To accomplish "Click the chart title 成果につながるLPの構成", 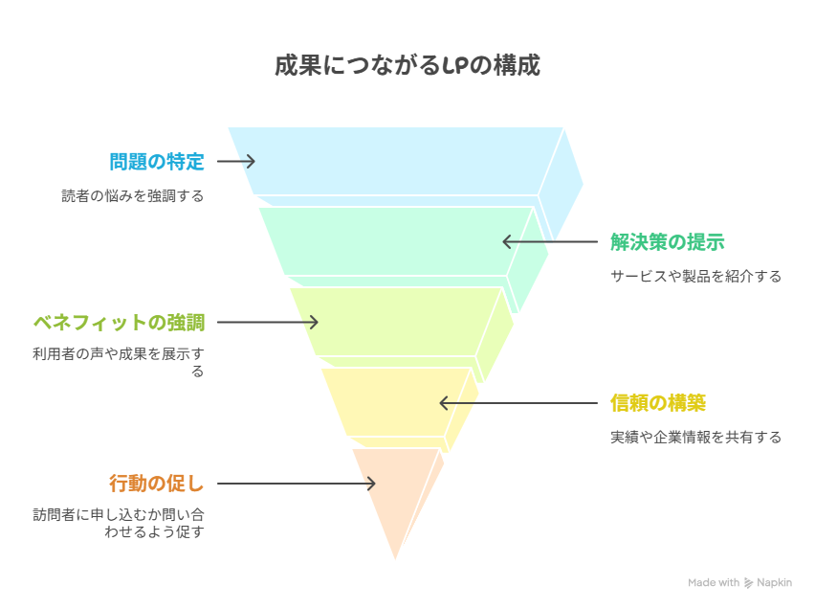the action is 407,65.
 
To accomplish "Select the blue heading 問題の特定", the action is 157,162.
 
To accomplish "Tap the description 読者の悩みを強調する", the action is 133,196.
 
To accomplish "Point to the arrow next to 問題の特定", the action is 236,162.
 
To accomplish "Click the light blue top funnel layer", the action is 395,162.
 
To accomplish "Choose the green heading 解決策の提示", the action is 668,242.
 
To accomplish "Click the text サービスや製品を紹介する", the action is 696,276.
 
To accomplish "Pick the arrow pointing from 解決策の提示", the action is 550,241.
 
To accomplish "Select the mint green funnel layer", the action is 395,241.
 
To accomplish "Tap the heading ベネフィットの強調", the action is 119,323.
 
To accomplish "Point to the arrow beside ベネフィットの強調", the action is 267,322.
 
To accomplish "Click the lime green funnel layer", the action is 395,322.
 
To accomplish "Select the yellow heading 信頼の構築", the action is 658,403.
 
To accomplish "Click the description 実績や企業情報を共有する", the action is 696,438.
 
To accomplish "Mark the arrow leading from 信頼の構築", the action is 518,403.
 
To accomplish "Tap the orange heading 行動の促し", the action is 157,484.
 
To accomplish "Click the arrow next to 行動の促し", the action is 296,484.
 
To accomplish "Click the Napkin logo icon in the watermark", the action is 748,583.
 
